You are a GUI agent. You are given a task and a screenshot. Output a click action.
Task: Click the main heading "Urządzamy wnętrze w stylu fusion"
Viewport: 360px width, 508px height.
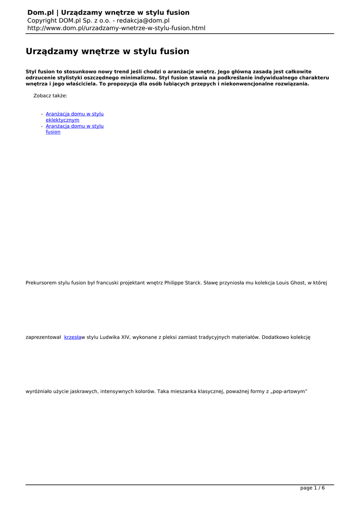pyautogui.click(x=107, y=52)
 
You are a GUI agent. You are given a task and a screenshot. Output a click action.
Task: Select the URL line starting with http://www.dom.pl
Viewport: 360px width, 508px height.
pyautogui.click(x=116, y=28)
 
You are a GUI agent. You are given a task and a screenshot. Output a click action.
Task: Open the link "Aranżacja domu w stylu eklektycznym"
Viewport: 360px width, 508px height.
pyautogui.click(x=74, y=117)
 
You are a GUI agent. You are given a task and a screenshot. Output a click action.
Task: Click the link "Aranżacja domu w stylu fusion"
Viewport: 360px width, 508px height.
pyautogui.click(x=74, y=129)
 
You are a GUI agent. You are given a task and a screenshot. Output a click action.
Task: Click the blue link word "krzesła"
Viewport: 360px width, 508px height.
pyautogui.click(x=72, y=337)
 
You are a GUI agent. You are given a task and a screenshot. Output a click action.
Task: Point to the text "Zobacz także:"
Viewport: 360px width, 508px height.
pyautogui.click(x=50, y=96)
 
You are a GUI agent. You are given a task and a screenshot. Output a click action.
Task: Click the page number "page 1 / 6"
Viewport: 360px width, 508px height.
pyautogui.click(x=312, y=488)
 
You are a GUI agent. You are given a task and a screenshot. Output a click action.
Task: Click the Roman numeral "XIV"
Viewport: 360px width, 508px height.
pyautogui.click(x=126, y=337)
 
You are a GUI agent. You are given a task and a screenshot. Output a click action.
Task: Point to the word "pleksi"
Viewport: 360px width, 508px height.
pyautogui.click(x=174, y=337)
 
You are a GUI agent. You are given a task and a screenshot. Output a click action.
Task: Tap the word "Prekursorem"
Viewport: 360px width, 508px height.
pyautogui.click(x=41, y=283)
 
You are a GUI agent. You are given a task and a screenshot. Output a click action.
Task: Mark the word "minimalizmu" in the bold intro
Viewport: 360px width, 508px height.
pyautogui.click(x=138, y=78)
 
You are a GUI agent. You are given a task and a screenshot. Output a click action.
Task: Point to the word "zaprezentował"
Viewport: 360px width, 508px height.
pyautogui.click(x=43, y=337)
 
